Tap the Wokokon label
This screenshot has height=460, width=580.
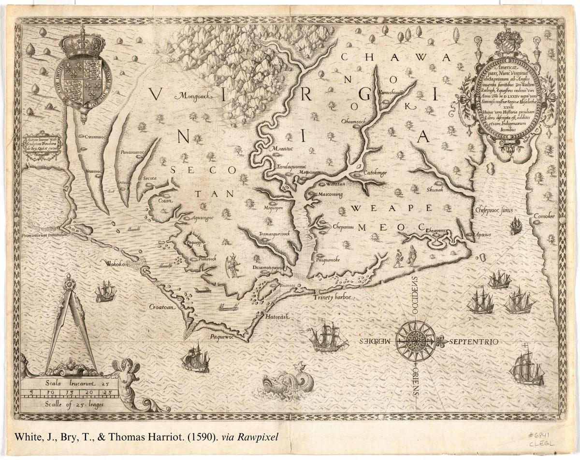click(120, 264)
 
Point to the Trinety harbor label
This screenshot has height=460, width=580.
click(333, 298)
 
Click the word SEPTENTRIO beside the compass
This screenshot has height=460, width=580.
click(474, 342)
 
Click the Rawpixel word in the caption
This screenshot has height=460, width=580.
click(259, 437)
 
